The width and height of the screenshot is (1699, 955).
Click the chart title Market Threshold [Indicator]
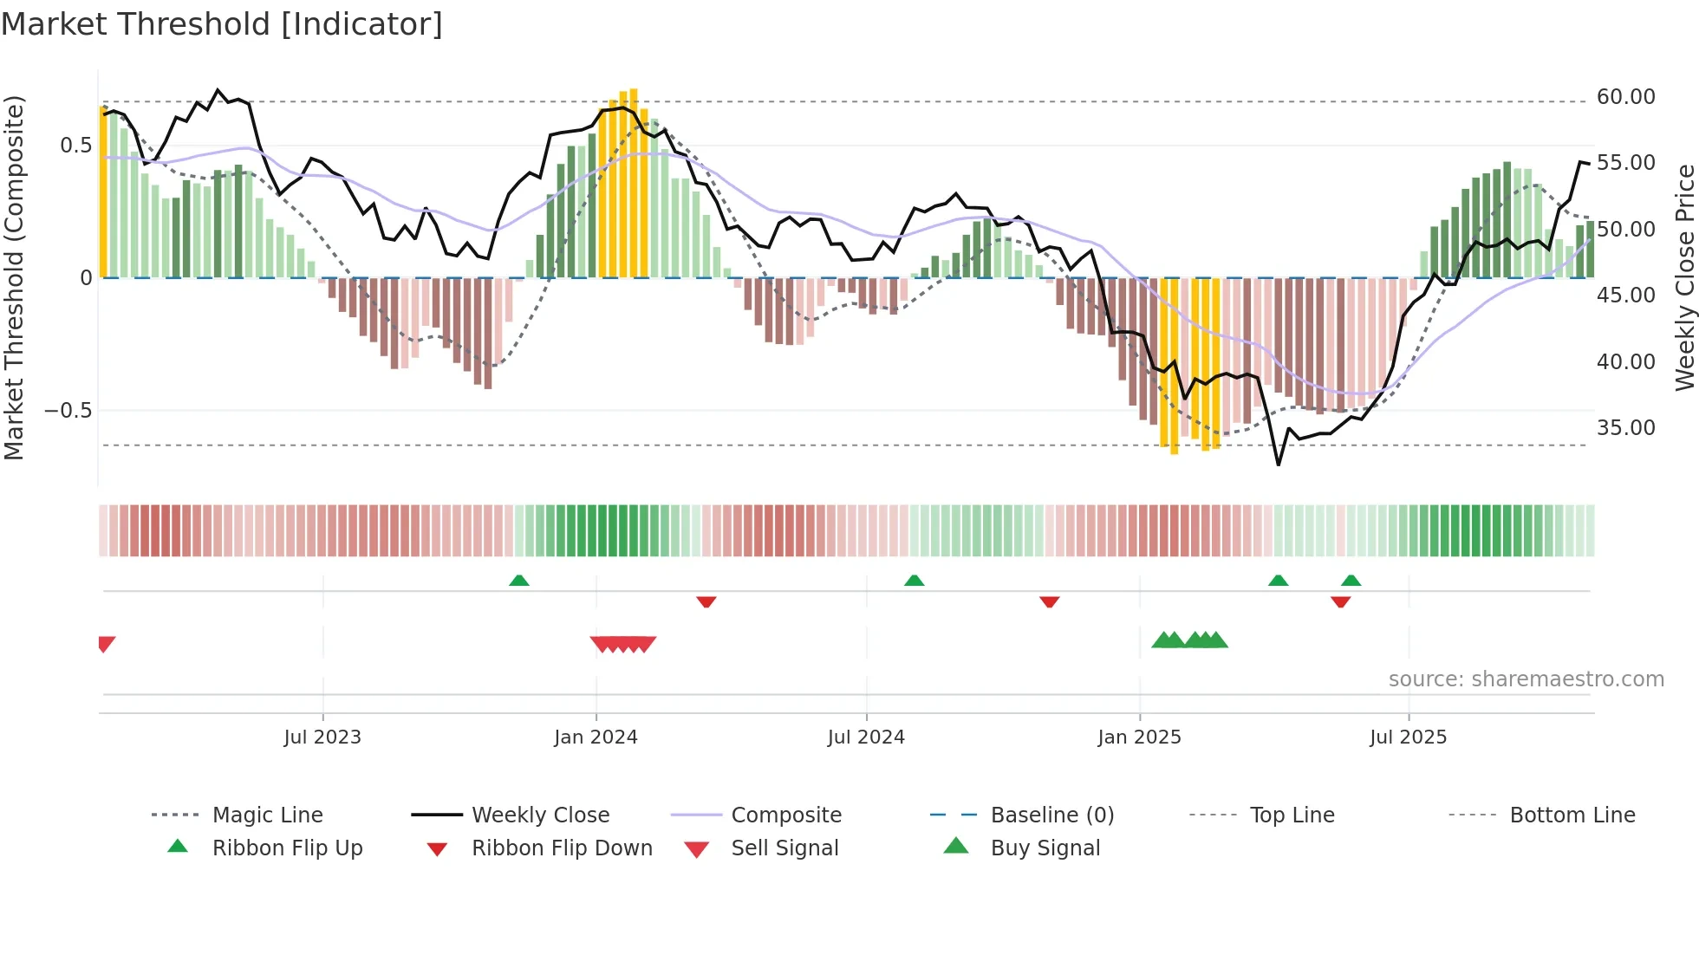point(222,24)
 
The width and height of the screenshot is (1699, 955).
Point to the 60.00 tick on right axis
point(1625,97)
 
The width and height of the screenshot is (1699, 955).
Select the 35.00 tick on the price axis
point(1625,428)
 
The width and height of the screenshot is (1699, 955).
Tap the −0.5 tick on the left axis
point(68,411)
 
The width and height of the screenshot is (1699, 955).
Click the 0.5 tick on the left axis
point(75,146)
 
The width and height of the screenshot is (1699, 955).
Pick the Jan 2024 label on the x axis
point(596,737)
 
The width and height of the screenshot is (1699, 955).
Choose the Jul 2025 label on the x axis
point(1408,737)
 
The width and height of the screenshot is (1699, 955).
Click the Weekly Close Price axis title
point(1684,277)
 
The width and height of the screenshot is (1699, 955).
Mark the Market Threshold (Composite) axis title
point(14,277)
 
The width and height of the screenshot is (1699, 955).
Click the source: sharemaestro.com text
point(1526,679)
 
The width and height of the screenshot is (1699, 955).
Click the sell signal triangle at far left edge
point(106,644)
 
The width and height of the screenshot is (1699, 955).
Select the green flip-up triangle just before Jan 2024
point(519,581)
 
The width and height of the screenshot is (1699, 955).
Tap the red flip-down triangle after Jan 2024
point(706,601)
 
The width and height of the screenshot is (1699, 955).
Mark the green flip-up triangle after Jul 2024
point(914,581)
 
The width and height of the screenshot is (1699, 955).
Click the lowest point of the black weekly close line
point(1278,465)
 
